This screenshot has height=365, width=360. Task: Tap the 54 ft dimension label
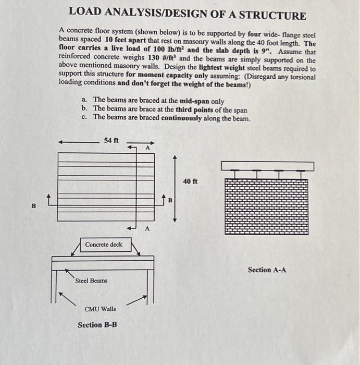112,140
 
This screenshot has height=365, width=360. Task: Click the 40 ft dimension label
191,181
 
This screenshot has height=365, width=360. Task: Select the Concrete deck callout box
103,244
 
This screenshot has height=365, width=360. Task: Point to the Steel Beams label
91,281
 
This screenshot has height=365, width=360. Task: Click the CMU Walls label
100,309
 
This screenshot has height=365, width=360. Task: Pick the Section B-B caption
97,325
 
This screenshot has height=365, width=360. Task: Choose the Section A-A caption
267,270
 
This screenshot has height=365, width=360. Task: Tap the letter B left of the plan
34,205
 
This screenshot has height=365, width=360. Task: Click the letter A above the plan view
147,148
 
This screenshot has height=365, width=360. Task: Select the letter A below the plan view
147,228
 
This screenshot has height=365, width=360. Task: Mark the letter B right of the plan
170,200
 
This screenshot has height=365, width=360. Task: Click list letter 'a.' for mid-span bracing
84,100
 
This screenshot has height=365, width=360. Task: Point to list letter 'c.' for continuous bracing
84,117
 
